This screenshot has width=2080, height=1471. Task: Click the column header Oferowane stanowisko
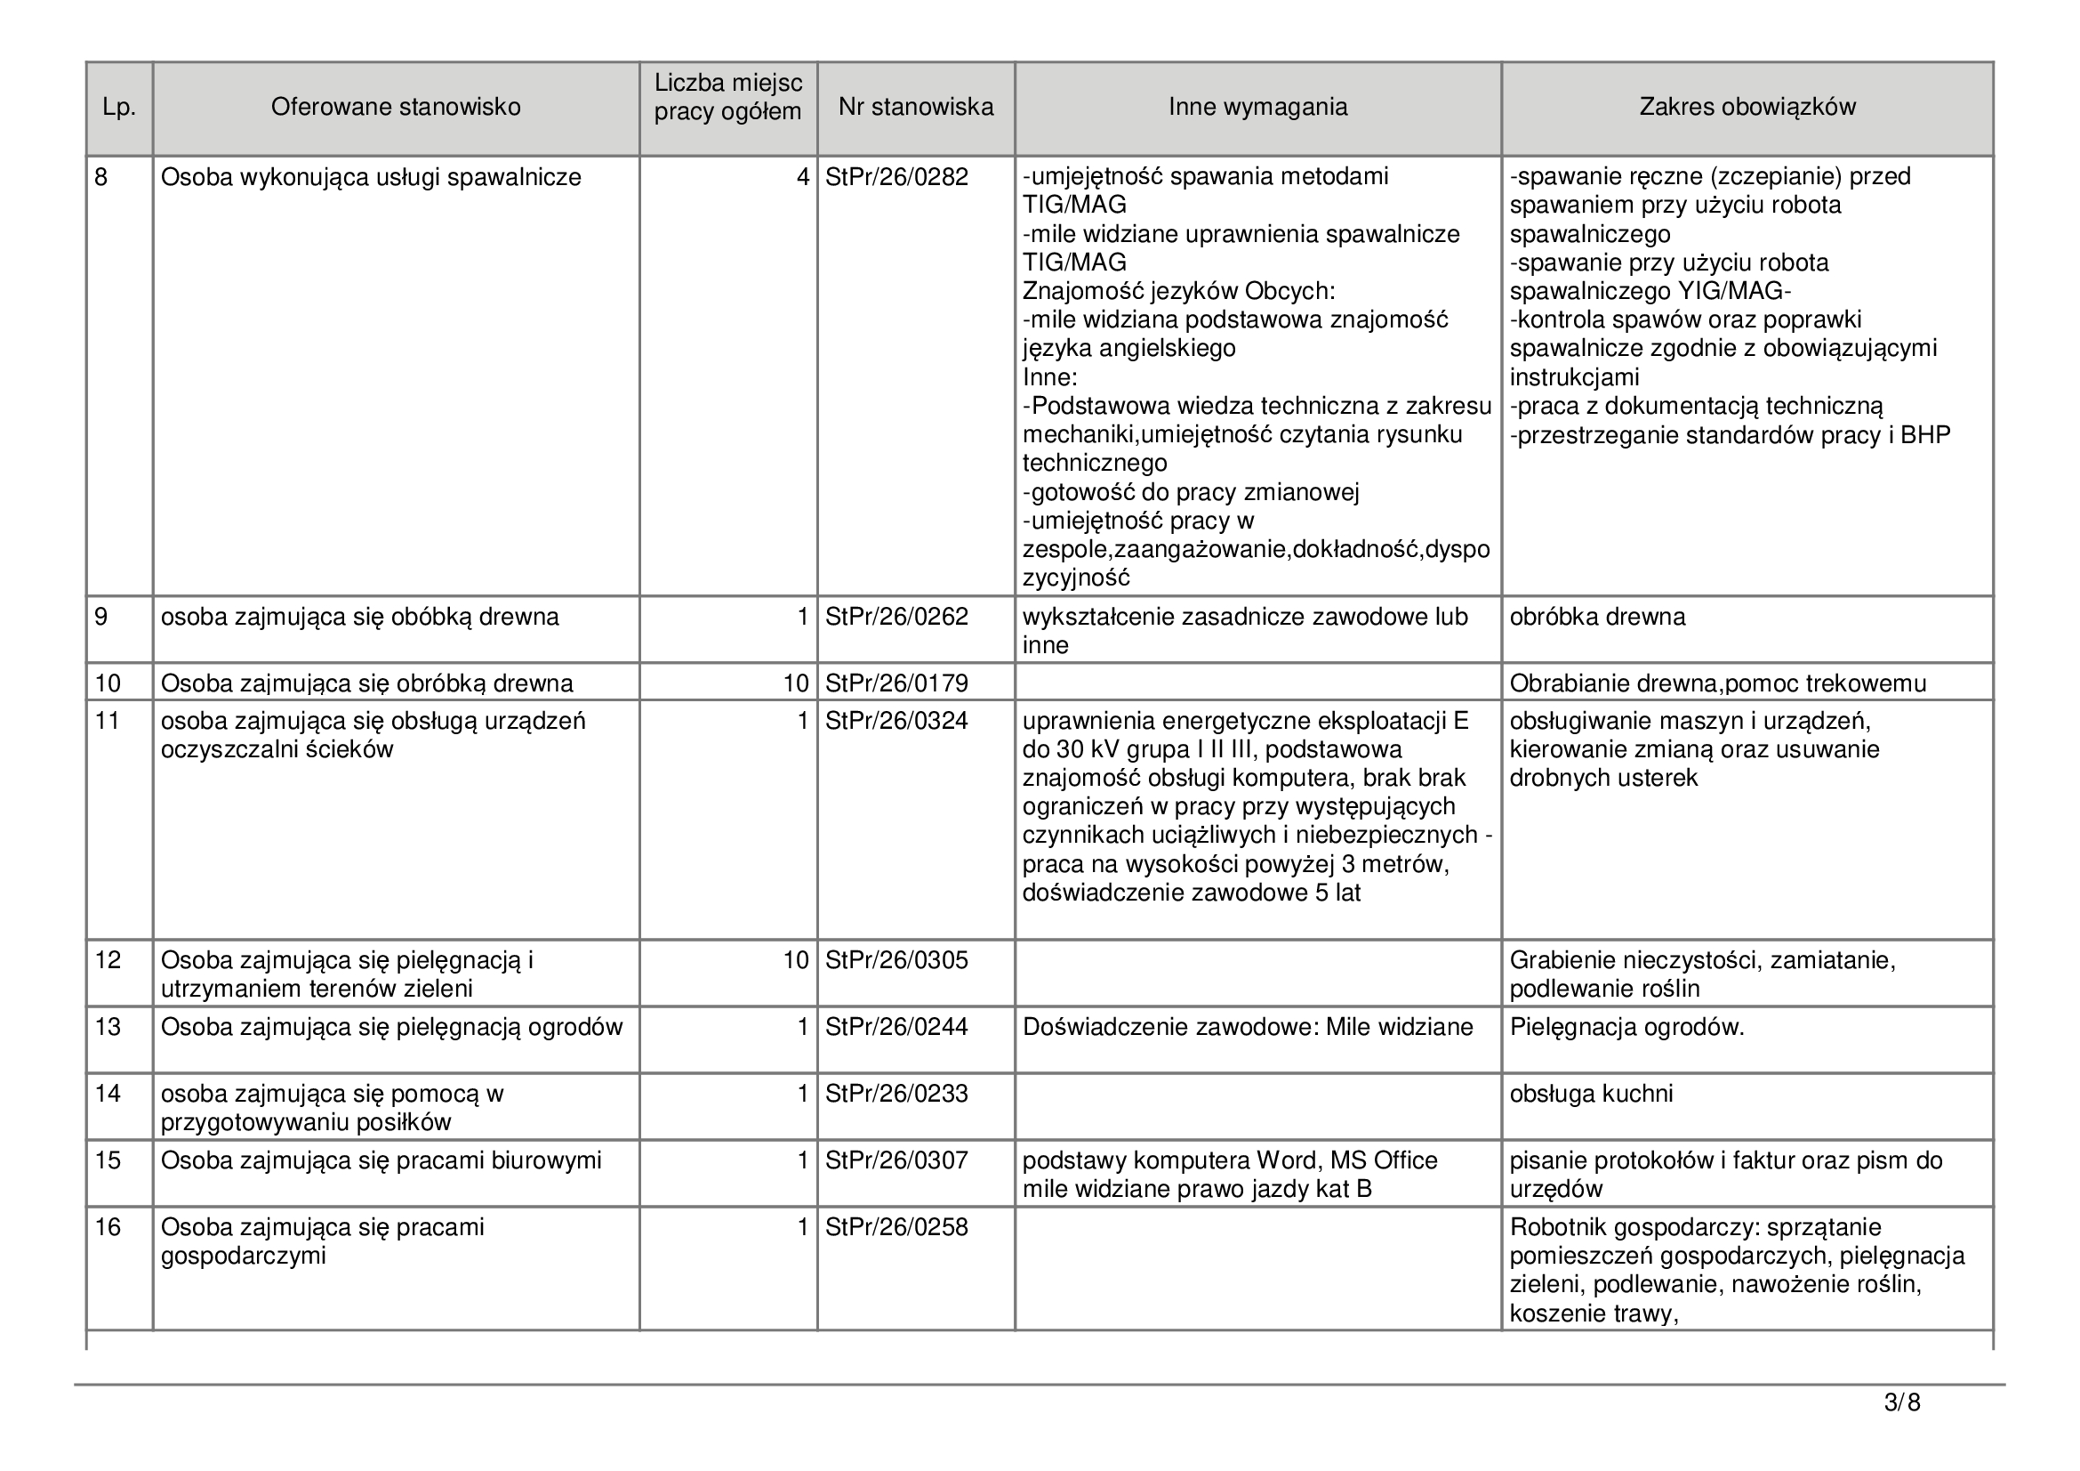(395, 108)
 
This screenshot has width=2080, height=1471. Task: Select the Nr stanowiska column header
(915, 108)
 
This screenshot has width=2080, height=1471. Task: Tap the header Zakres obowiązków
(1747, 108)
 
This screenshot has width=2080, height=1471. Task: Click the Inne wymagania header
(1257, 108)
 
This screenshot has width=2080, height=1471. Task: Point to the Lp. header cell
(118, 108)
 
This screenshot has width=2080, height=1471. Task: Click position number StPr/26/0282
(896, 177)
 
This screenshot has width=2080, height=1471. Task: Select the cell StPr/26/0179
(896, 683)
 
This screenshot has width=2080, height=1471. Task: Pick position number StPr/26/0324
(896, 722)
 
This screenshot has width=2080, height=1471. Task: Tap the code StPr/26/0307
(896, 1161)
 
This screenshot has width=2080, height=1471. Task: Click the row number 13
(108, 1027)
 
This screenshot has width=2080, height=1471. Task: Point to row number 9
(101, 618)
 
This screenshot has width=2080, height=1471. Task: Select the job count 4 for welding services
(802, 177)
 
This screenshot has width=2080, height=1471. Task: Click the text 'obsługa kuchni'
(1591, 1094)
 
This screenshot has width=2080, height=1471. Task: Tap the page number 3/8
(1901, 1404)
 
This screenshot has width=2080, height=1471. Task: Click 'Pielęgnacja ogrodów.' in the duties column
(1626, 1027)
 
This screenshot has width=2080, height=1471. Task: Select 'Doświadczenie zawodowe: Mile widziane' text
(1248, 1027)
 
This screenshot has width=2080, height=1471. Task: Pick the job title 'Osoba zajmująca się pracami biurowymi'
(381, 1161)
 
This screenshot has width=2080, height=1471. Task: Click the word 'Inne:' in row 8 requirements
(1050, 378)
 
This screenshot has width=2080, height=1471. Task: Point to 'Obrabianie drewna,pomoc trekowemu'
(1718, 683)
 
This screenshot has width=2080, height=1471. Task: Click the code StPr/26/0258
(896, 1228)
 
